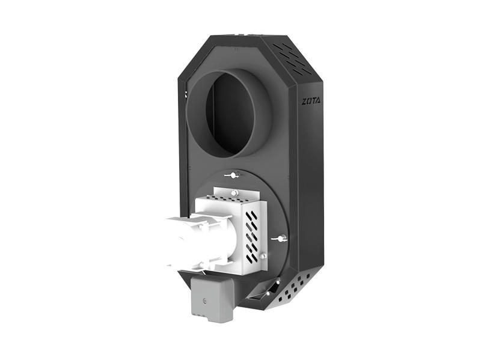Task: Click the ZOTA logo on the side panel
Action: coord(311,101)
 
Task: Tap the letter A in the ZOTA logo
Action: coord(318,102)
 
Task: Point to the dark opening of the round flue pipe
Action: coord(230,114)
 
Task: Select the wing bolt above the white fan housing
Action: coord(232,175)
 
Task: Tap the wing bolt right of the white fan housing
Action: coord(280,239)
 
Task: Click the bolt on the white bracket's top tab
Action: coord(234,193)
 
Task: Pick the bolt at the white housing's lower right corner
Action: coord(262,256)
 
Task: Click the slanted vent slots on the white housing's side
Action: coord(252,237)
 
